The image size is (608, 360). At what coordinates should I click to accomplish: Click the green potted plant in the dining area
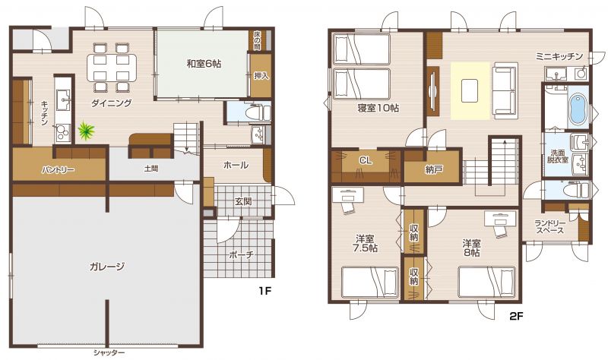86,131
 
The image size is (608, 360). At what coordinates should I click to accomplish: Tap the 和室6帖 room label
204,64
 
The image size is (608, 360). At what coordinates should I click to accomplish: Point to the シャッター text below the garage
109,353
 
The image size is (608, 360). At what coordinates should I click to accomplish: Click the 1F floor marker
264,291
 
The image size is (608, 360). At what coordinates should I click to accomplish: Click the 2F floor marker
516,317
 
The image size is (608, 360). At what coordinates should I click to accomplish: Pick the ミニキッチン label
559,56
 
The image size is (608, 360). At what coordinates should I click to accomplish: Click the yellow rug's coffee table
470,90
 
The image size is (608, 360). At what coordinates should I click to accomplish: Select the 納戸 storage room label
434,169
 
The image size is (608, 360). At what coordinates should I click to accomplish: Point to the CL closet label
366,160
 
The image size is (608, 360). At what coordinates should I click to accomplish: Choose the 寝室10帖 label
378,108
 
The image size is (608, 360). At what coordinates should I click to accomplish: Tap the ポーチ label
241,254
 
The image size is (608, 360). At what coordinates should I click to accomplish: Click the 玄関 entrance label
243,201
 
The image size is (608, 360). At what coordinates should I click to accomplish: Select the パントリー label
59,169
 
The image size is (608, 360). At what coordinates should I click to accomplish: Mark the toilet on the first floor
258,112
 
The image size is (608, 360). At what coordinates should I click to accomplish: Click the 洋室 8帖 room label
471,248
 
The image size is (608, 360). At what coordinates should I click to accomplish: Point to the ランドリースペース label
549,226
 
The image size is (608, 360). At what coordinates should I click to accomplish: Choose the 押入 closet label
261,75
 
